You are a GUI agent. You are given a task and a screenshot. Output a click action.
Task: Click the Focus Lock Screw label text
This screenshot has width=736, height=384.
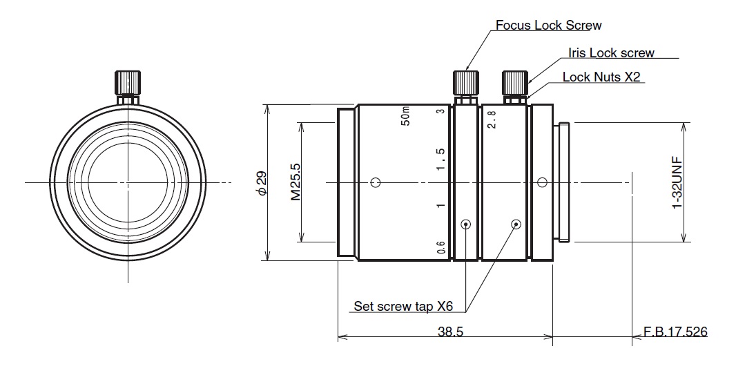[x=548, y=26]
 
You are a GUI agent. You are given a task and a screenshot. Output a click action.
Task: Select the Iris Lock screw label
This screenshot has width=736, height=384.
[x=610, y=52]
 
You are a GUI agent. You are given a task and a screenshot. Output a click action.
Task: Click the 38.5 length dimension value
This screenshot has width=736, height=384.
[x=449, y=332]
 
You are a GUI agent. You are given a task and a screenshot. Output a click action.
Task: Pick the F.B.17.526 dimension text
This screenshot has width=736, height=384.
[x=675, y=332]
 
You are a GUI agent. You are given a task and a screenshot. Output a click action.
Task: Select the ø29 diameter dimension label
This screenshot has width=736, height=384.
[x=260, y=182]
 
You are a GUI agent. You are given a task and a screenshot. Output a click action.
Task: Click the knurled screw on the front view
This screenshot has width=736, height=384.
[x=128, y=84]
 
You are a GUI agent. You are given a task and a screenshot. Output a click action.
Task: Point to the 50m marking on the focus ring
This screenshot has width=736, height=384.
[x=406, y=117]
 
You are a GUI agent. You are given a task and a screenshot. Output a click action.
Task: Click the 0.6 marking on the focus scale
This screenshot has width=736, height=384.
[x=441, y=247]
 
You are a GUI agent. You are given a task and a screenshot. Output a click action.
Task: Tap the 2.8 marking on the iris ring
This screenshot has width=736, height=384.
[x=492, y=119]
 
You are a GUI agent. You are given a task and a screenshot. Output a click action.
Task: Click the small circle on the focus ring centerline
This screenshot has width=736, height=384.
[x=375, y=183]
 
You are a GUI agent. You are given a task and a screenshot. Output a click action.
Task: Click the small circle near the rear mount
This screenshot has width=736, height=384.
[x=542, y=183]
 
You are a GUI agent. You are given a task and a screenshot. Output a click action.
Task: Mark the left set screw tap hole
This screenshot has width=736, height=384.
[x=466, y=224]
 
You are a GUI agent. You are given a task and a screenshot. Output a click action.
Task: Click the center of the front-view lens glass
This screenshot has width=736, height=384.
[x=128, y=182]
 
